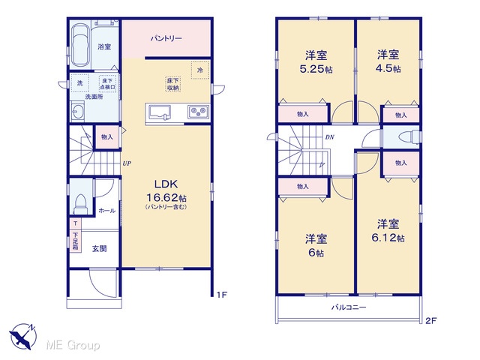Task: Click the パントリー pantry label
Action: (x=166, y=38)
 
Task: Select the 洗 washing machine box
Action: (x=80, y=82)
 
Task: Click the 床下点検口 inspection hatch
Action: (x=108, y=83)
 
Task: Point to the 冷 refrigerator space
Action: (x=200, y=70)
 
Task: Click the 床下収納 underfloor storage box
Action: (x=173, y=84)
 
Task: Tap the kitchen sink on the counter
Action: (x=160, y=112)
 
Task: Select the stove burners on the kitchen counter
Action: (x=199, y=112)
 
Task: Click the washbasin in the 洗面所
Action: (x=77, y=111)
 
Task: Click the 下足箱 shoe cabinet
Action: (x=75, y=241)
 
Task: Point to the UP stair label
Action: (x=127, y=163)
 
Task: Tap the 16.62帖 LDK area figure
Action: (x=166, y=197)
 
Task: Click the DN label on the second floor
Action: (x=329, y=137)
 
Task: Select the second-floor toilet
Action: (x=409, y=136)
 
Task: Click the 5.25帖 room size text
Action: (x=316, y=69)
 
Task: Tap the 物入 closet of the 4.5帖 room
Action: (x=400, y=115)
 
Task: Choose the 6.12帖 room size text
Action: (x=388, y=238)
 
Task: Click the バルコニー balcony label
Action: (x=349, y=307)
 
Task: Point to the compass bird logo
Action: (x=22, y=336)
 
